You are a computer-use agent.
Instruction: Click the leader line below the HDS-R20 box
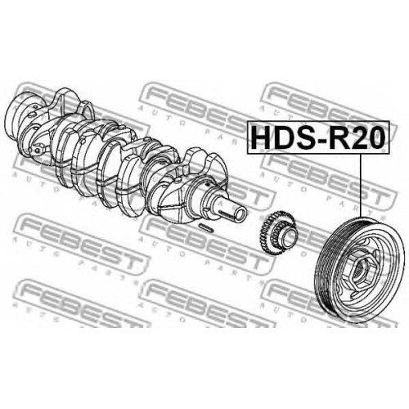click(361, 185)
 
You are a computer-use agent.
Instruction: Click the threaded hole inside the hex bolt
click(359, 272)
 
